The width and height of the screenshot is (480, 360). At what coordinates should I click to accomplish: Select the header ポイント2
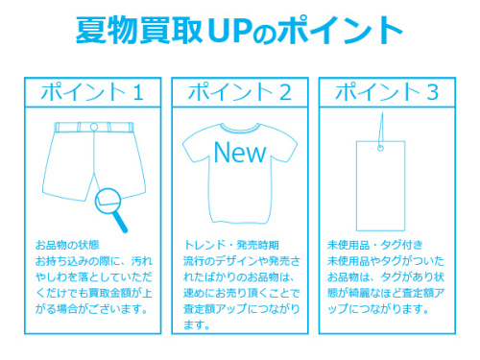coord(239,92)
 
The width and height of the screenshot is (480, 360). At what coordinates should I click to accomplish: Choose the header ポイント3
coord(388,92)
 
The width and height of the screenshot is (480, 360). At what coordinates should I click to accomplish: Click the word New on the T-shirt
coord(239,151)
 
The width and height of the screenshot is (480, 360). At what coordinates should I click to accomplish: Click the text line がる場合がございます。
coord(91,308)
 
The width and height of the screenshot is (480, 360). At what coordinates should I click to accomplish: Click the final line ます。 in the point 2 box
coord(195,324)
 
